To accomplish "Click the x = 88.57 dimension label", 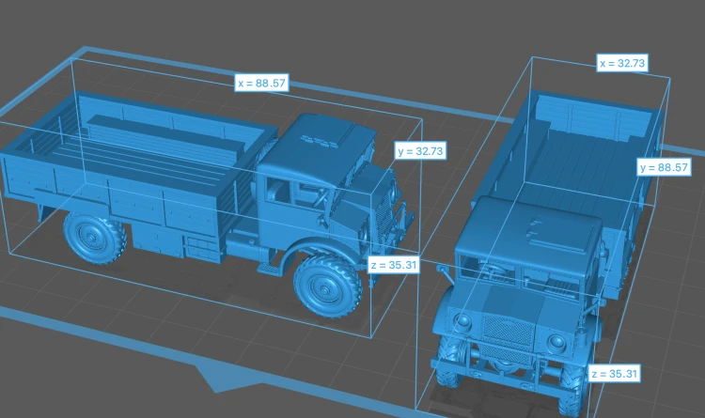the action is point(261,84).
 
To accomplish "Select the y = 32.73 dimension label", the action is point(420,151).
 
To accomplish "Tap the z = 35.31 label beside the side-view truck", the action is point(394,265).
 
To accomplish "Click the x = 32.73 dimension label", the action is point(622,63).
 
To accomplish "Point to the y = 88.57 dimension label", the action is point(664,167).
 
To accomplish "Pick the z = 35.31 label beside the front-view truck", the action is point(614,374).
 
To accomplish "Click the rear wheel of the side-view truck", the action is point(95,237).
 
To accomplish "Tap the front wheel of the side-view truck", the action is point(328,286).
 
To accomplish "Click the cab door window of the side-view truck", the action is point(278,191).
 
